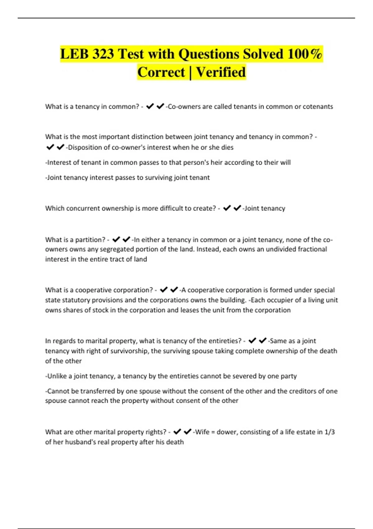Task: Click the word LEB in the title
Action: point(74,54)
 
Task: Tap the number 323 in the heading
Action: point(103,54)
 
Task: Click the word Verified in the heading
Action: point(221,72)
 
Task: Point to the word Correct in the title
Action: point(161,72)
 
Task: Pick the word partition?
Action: point(90,240)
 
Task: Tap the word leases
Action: point(190,310)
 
